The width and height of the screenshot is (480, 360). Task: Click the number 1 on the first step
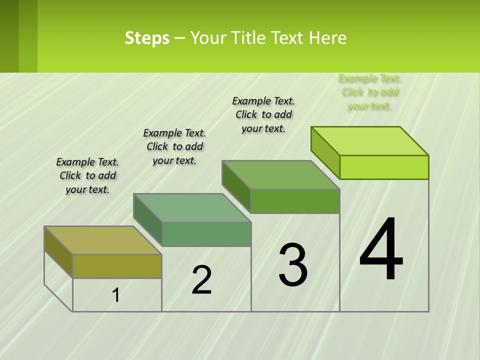[x=116, y=295]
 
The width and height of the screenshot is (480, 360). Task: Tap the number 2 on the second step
[x=201, y=280]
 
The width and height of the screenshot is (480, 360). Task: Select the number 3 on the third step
[x=292, y=265]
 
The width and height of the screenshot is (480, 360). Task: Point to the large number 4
[x=381, y=250]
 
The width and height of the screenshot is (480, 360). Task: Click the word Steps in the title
[x=147, y=38]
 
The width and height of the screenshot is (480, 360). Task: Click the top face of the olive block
[x=102, y=240]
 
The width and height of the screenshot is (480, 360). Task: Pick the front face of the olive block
[x=117, y=266]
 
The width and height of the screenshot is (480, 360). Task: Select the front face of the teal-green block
[x=206, y=234]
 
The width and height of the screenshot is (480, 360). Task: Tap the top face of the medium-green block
[x=280, y=175]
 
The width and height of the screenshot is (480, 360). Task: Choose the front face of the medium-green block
[x=295, y=201]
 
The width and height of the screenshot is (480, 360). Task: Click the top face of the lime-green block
[x=369, y=141]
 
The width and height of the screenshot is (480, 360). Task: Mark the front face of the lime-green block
[x=384, y=167]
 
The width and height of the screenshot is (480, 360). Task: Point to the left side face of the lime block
[x=325, y=152]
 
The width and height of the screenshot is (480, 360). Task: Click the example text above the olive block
[x=87, y=175]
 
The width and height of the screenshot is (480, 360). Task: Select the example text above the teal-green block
[x=174, y=146]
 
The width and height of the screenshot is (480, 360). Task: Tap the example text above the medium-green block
[x=263, y=114]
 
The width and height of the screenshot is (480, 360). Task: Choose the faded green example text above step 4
[x=370, y=92]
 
